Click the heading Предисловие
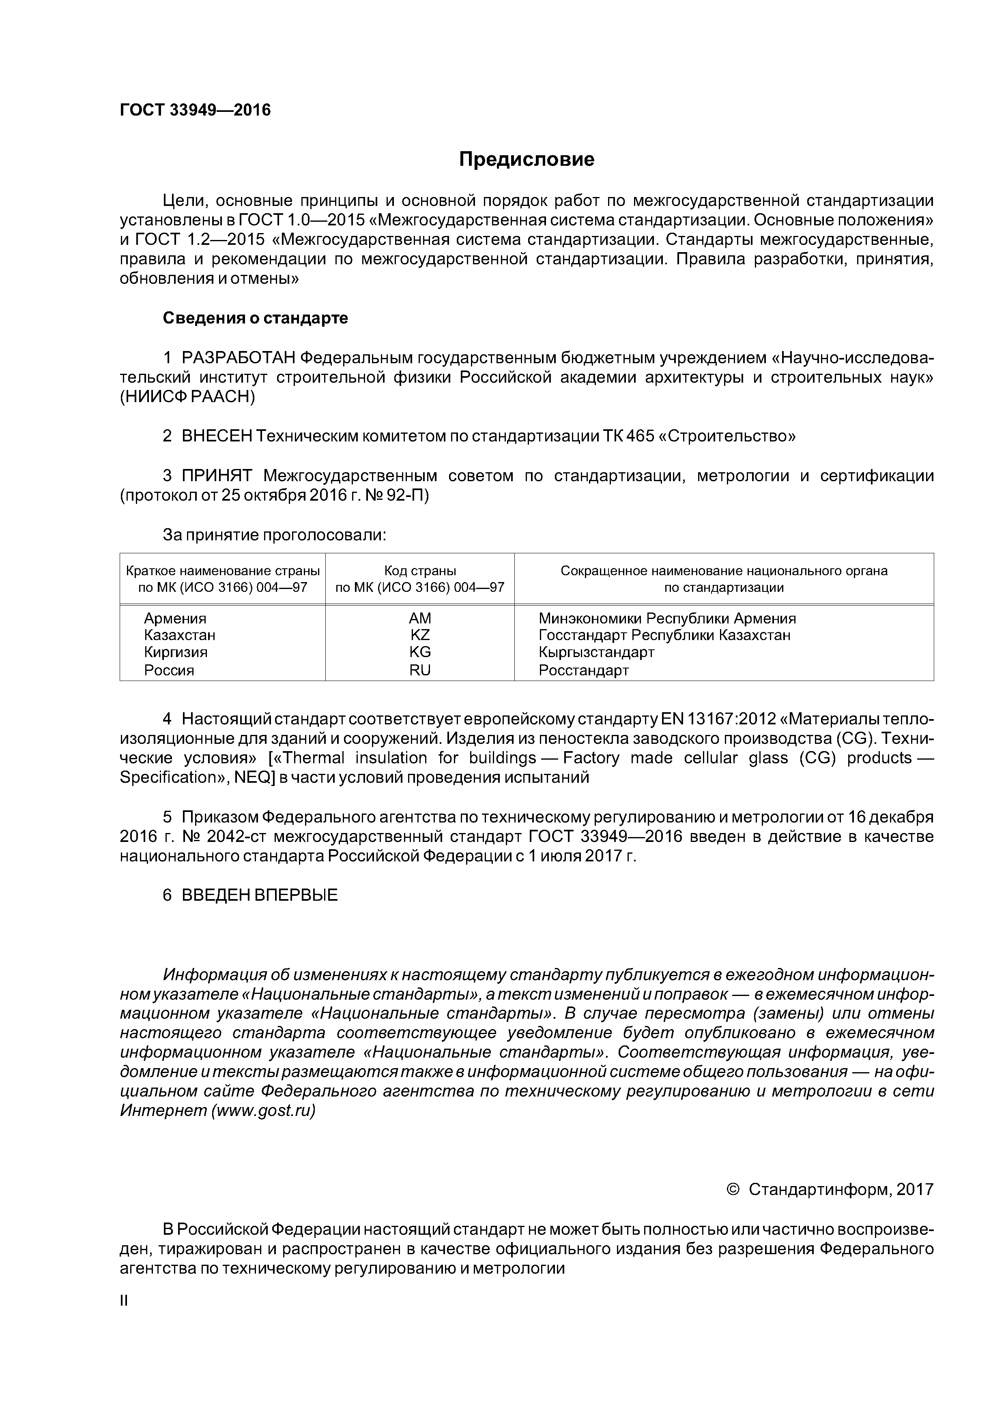(526, 160)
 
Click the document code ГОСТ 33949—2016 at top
(195, 110)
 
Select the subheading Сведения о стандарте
(256, 318)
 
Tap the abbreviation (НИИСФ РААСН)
(187, 397)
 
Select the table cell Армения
(175, 618)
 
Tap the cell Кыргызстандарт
(596, 652)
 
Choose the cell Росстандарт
(583, 670)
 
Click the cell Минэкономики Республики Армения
(667, 618)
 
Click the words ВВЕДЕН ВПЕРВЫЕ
(260, 895)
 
